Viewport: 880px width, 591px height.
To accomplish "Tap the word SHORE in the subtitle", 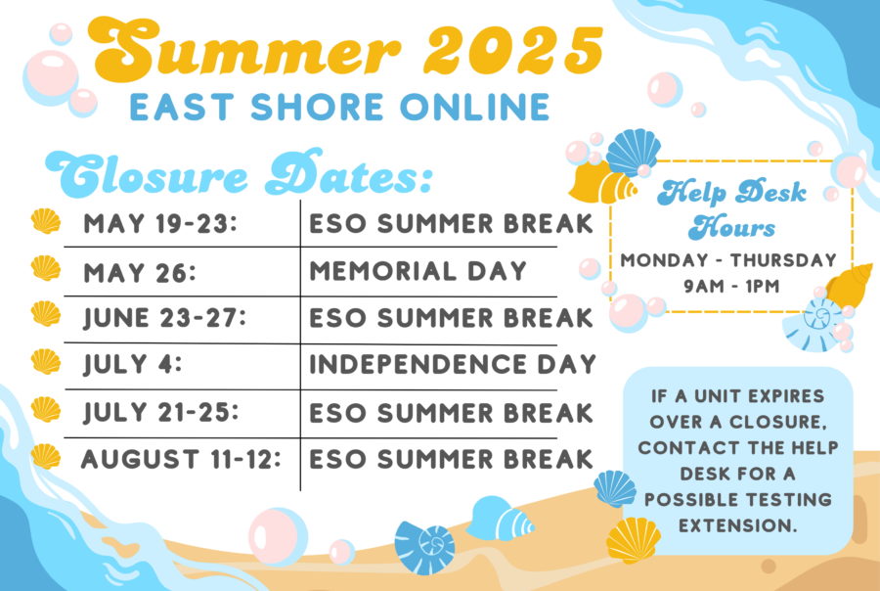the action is [x=317, y=107].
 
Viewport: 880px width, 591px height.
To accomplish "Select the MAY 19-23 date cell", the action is [x=160, y=224].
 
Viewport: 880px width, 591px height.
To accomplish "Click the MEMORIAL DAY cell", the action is [x=418, y=271].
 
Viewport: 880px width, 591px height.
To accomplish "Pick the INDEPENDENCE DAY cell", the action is [x=453, y=364].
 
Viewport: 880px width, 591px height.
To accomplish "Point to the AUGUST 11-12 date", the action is [x=181, y=459].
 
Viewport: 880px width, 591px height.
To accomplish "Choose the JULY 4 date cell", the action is [x=133, y=364].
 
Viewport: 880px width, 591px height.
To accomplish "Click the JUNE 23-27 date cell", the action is [x=164, y=318].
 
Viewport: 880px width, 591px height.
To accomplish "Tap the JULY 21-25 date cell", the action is [x=161, y=412].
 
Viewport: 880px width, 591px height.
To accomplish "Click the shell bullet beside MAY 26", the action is [x=46, y=268].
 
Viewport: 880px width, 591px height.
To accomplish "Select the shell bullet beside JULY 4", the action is [x=46, y=361].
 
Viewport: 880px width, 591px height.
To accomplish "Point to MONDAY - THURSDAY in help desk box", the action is [x=728, y=260].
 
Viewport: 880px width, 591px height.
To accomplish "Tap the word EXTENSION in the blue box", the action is [x=738, y=525].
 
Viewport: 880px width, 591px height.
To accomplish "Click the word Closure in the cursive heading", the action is [x=146, y=175].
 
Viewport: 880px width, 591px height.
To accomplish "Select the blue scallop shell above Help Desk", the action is [x=633, y=152].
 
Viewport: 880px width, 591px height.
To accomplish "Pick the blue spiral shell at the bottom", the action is [x=425, y=548].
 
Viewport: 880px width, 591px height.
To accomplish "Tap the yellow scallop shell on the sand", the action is [x=634, y=540].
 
